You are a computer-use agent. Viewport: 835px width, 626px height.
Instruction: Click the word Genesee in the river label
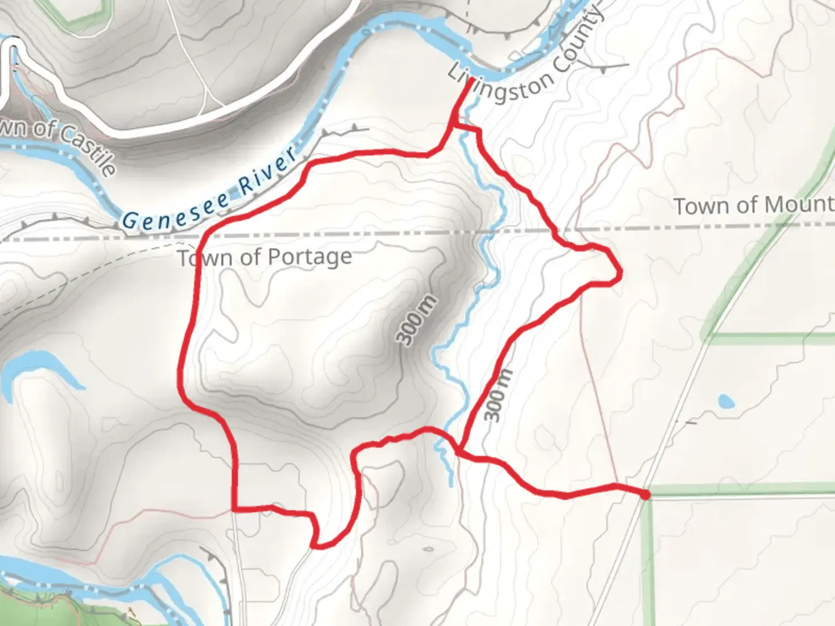[x=179, y=210]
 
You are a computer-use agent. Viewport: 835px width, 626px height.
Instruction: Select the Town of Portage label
[x=265, y=257]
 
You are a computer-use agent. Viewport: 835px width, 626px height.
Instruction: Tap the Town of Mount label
[x=753, y=205]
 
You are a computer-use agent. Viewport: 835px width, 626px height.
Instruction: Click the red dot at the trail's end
[x=645, y=494]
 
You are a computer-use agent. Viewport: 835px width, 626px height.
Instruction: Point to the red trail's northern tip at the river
[x=470, y=80]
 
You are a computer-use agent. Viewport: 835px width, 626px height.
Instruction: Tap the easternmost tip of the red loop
[x=621, y=271]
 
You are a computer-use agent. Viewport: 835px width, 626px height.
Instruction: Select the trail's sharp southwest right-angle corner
[x=234, y=509]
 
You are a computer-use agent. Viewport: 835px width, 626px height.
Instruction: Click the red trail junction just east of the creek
[x=460, y=450]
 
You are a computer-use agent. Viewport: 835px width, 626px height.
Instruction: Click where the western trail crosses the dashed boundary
[x=204, y=238]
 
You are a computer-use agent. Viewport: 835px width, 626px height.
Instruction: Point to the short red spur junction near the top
[x=453, y=124]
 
